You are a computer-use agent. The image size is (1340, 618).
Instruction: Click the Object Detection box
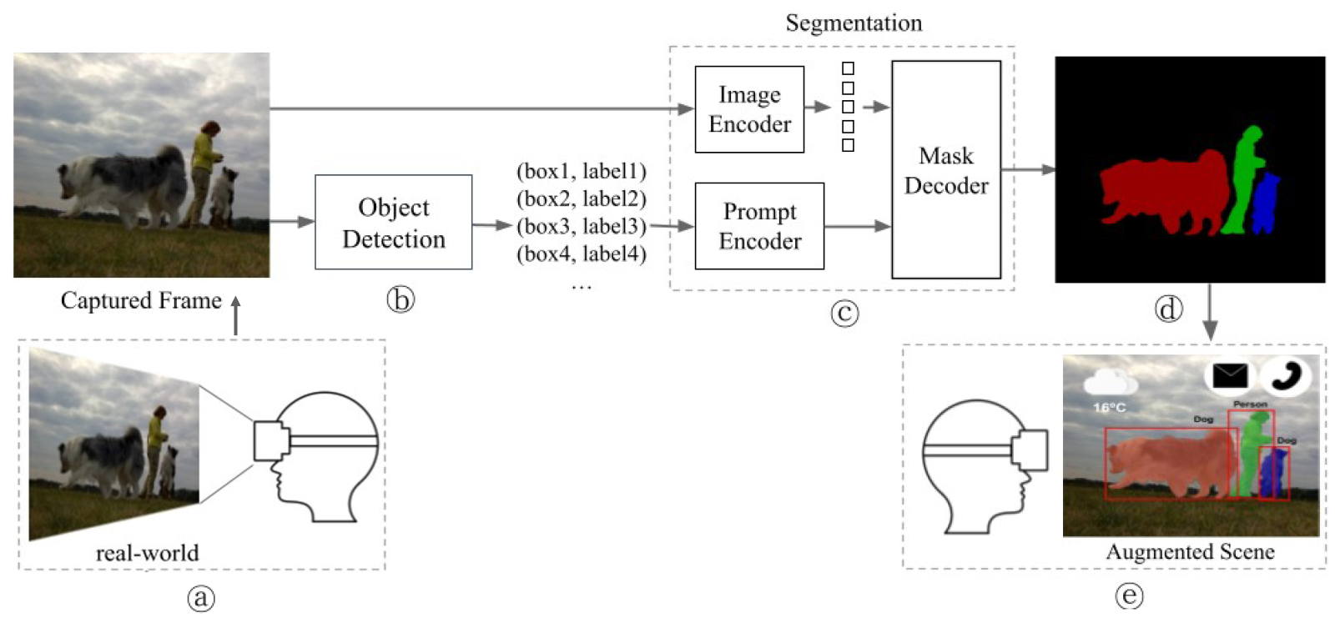pos(393,222)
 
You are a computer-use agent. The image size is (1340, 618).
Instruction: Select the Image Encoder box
pos(748,109)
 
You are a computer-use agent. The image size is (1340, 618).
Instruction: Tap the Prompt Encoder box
pos(758,226)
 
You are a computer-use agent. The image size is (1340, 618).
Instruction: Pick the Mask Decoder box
pos(945,170)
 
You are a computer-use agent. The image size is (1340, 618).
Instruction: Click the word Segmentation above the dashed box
pos(854,23)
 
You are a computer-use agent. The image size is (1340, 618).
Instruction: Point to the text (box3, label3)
pos(581,226)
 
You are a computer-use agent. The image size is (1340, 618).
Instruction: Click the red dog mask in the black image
pos(1164,192)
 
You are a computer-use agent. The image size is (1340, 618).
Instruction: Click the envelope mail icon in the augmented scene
pos(1229,376)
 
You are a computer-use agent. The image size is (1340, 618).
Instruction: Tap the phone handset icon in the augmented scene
pos(1286,376)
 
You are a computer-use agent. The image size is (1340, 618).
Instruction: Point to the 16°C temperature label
pos(1109,407)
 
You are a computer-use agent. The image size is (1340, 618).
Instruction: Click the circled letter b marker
pos(400,299)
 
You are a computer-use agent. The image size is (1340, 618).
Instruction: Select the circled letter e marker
pos(1129,595)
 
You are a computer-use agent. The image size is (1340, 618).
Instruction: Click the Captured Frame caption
pos(141,300)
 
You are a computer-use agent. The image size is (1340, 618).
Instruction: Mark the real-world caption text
pos(147,553)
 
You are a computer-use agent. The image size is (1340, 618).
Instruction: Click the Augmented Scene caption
pos(1190,552)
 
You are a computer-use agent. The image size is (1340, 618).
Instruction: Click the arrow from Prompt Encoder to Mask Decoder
pos(857,226)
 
